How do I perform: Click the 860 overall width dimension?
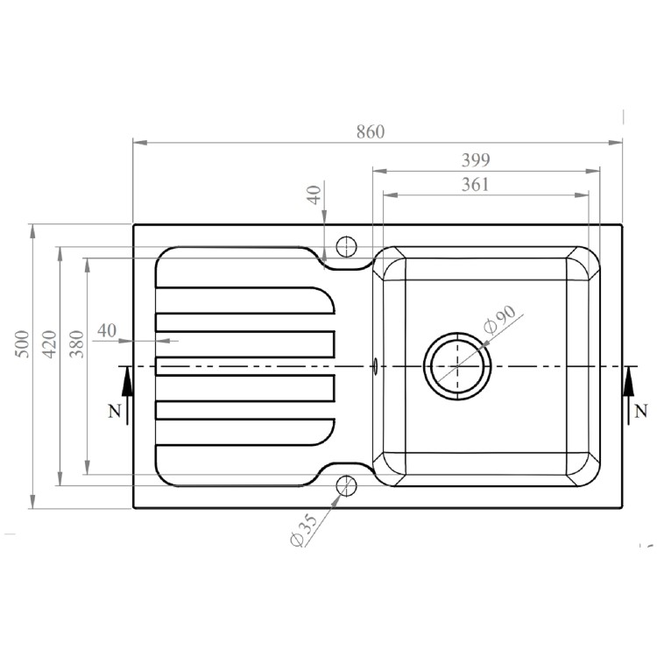[x=371, y=132]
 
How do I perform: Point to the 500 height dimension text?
[x=24, y=343]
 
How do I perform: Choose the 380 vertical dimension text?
[x=77, y=343]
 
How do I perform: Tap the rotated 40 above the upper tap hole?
[x=315, y=194]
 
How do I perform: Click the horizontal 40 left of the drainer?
[x=106, y=330]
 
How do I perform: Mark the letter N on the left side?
[x=113, y=413]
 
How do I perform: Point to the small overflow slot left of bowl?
[x=376, y=365]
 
